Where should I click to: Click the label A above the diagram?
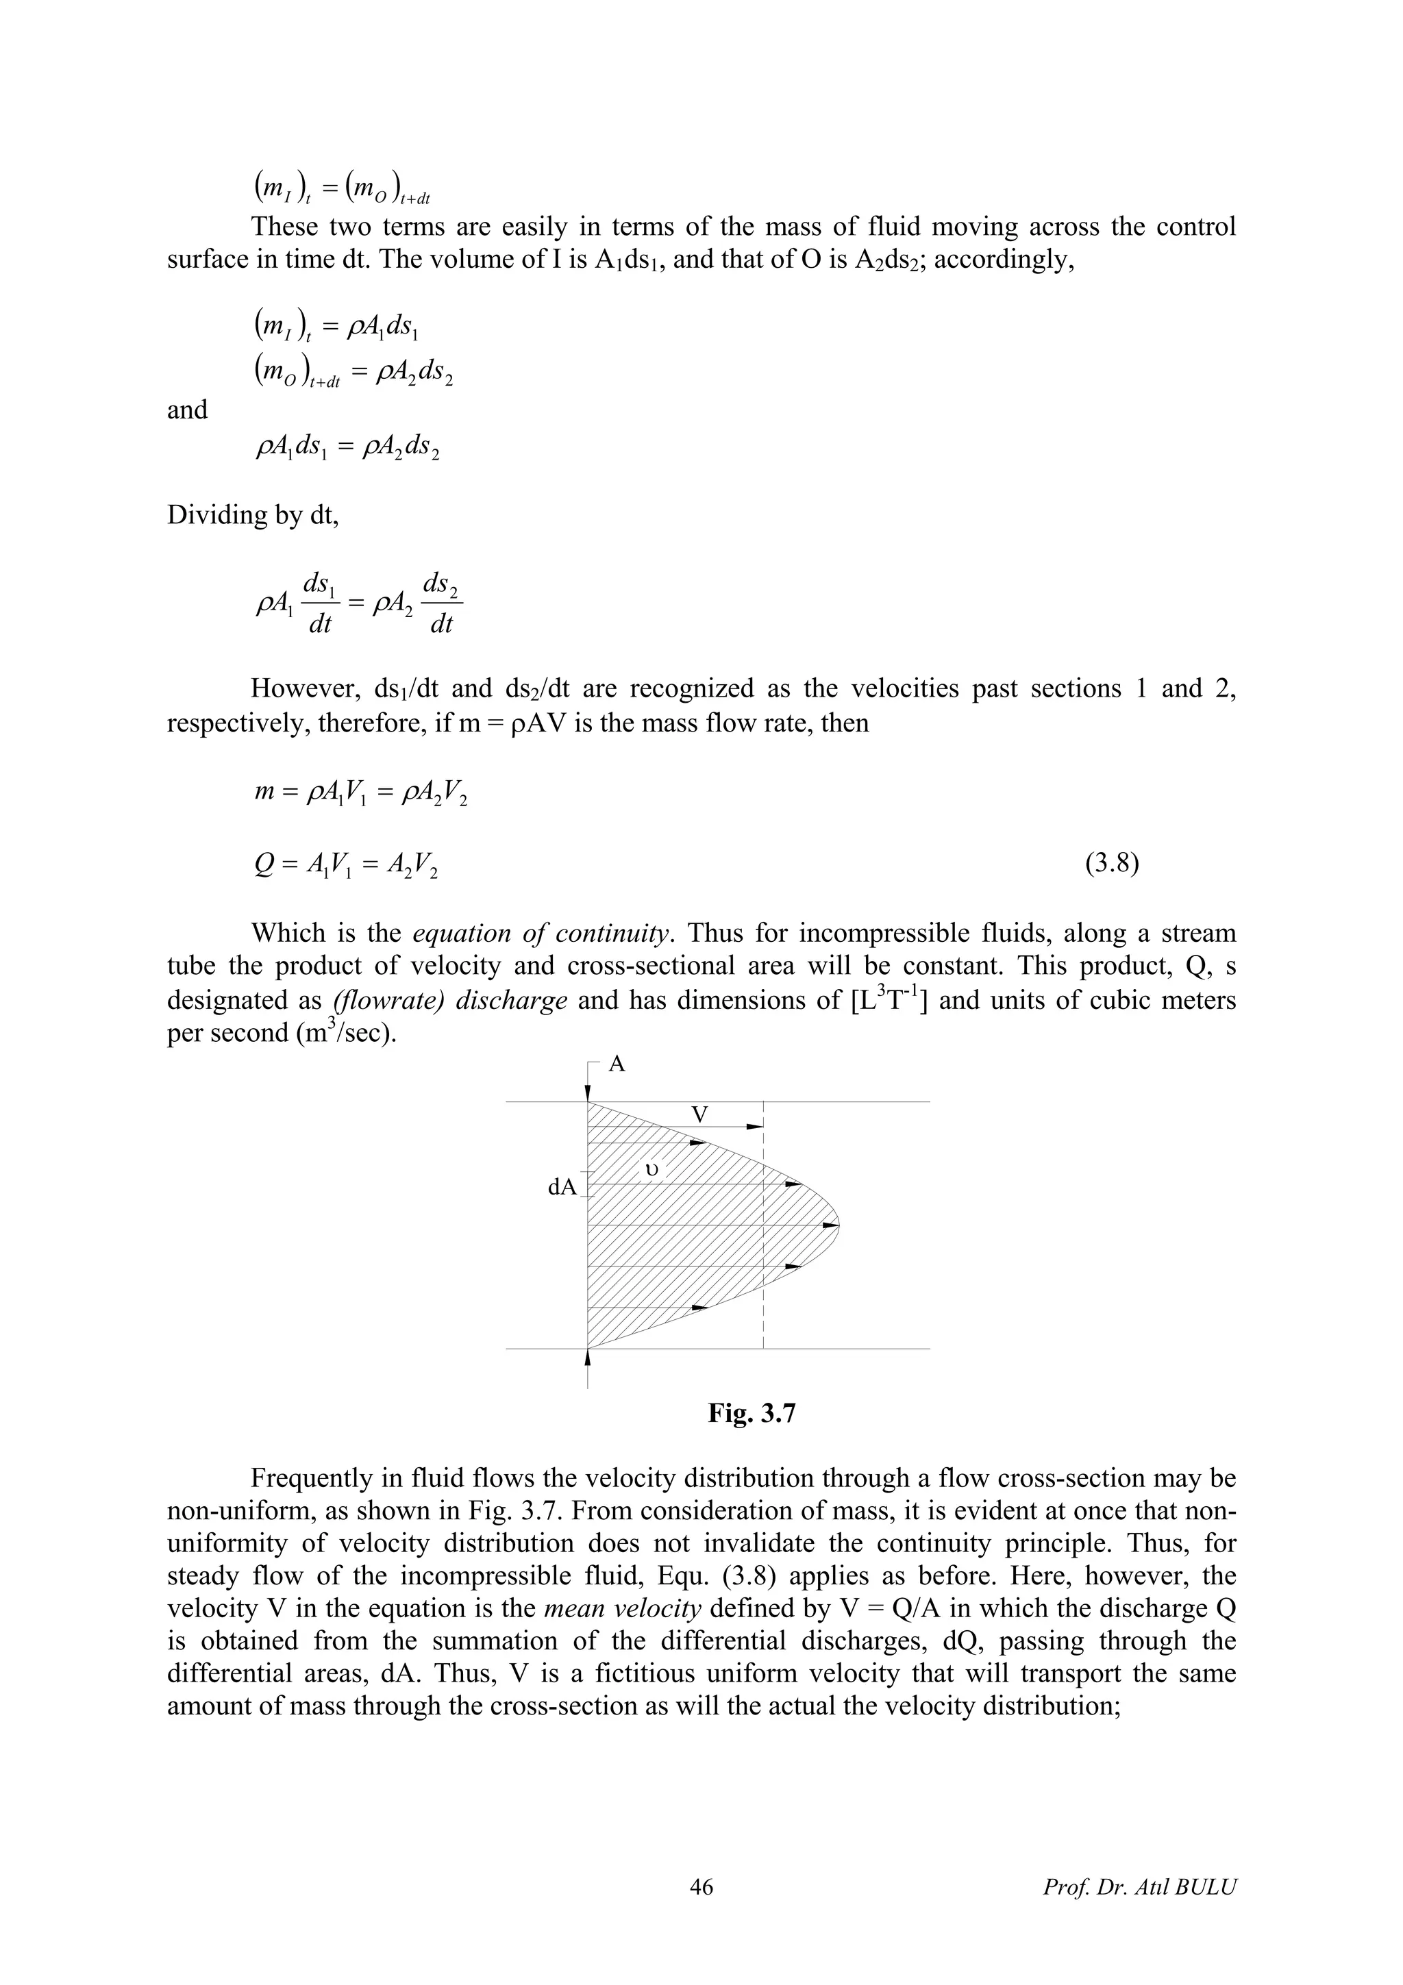pyautogui.click(x=617, y=1064)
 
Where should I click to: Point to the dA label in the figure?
pyautogui.click(x=562, y=1187)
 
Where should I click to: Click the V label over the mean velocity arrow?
pyautogui.click(x=700, y=1115)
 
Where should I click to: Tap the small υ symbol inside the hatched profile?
pyautogui.click(x=653, y=1170)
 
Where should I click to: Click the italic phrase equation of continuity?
pyautogui.click(x=541, y=934)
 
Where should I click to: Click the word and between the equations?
pyautogui.click(x=187, y=410)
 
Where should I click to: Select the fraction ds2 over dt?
pyautogui.click(x=442, y=603)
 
